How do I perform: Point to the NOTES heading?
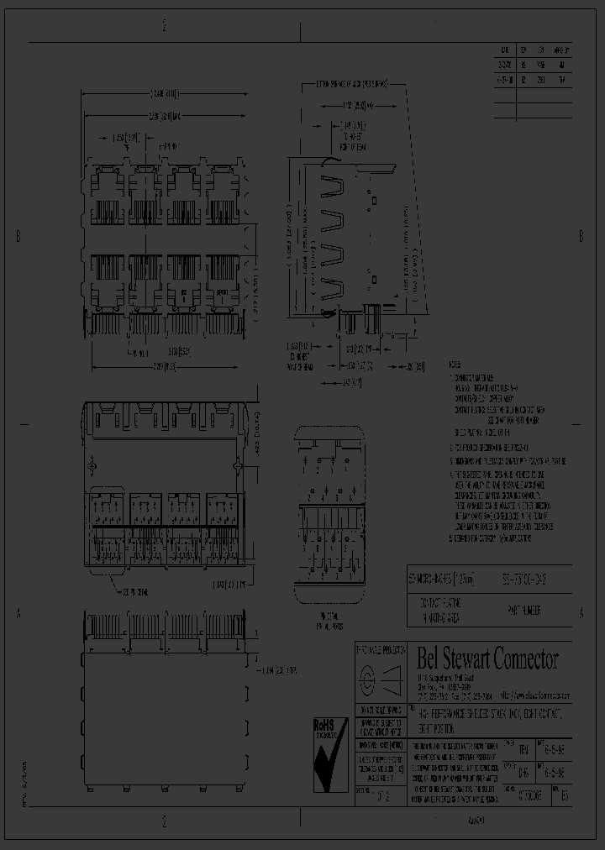coord(455,366)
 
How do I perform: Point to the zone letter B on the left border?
coord(18,237)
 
